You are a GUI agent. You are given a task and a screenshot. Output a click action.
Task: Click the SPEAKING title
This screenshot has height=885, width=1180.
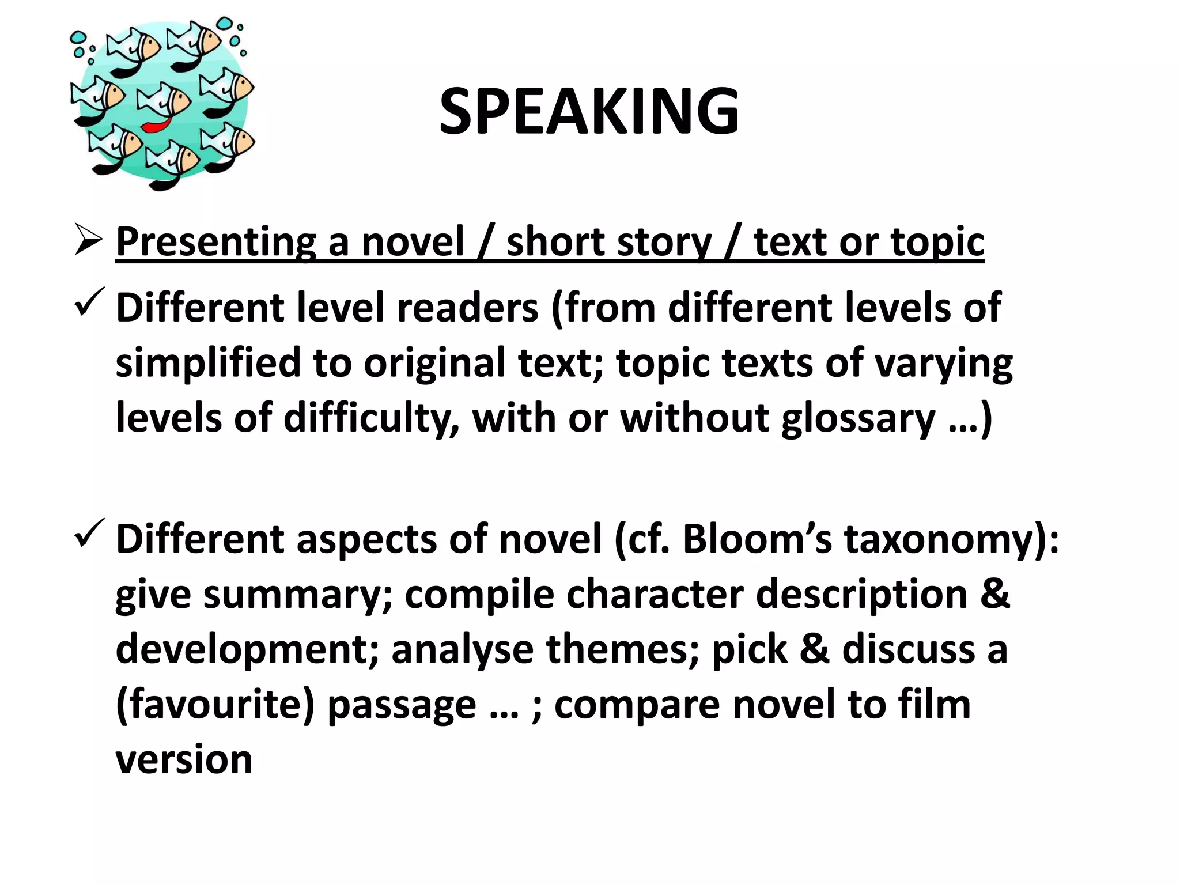[589, 111]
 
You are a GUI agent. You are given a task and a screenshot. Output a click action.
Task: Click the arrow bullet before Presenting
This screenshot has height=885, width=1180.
[88, 241]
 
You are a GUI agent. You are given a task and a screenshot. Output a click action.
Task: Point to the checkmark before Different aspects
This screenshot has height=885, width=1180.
[89, 532]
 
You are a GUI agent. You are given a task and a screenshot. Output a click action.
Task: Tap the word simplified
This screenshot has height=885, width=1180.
[208, 363]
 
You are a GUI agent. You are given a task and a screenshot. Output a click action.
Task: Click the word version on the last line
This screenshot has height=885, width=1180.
[184, 759]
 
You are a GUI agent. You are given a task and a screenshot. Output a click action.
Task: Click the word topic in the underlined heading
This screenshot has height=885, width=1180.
[937, 242]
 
